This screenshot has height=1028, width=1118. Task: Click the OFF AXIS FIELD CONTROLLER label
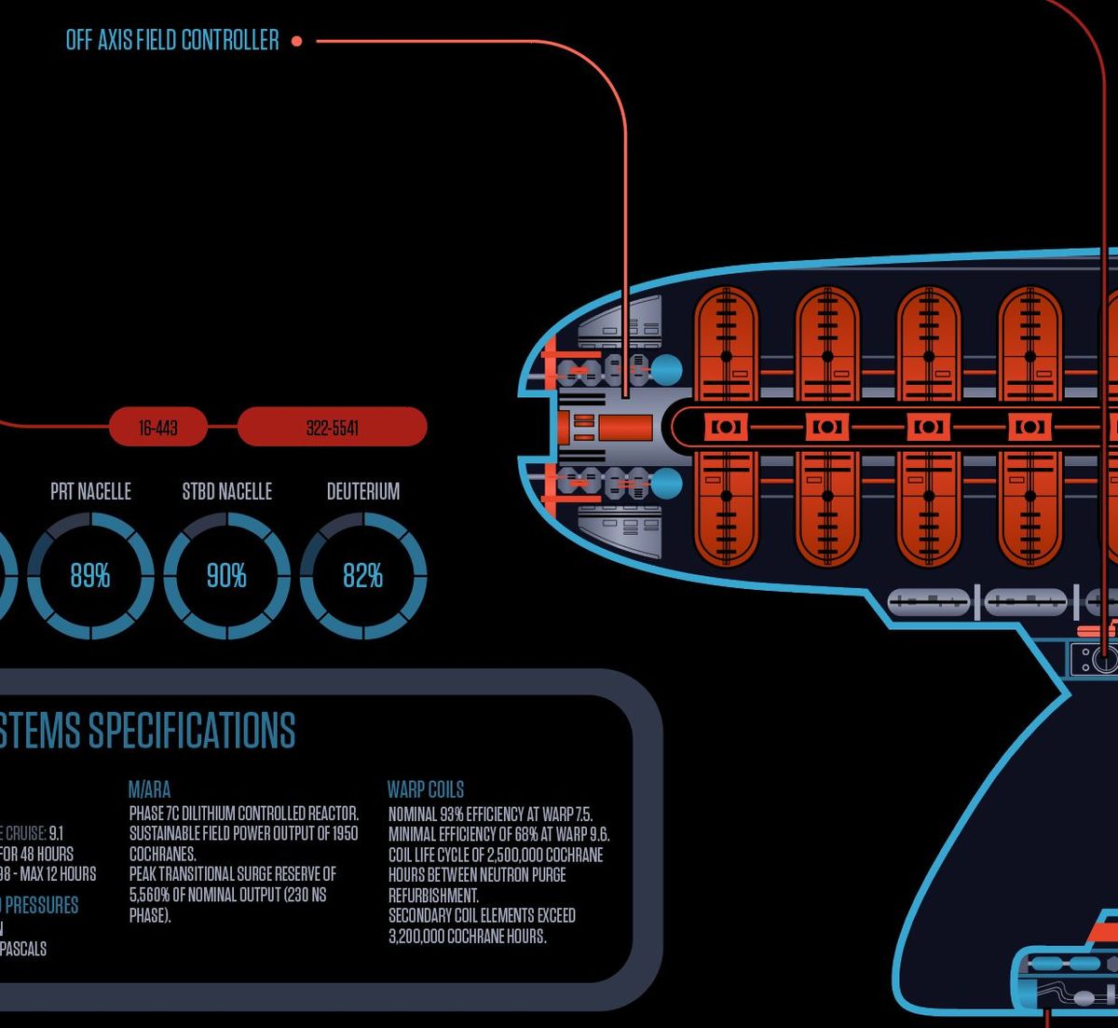(x=172, y=40)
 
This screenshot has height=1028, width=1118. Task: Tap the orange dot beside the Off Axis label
(x=296, y=41)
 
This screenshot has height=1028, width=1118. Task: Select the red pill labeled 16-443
(x=158, y=428)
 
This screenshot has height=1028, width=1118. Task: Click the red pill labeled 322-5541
(x=332, y=428)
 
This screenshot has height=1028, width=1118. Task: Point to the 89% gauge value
(x=90, y=576)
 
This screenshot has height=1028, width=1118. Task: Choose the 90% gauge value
(x=226, y=576)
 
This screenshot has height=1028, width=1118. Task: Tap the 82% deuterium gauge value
(x=362, y=576)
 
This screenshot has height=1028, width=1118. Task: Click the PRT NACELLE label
(x=90, y=491)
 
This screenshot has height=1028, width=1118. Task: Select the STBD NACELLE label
(x=226, y=491)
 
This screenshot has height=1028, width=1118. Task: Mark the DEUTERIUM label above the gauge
(x=362, y=491)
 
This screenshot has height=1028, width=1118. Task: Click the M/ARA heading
(x=149, y=789)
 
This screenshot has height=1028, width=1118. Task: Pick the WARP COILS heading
(x=426, y=789)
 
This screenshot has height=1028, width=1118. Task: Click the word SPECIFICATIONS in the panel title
(x=192, y=730)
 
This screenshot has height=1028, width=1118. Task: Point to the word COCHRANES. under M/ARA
(x=163, y=854)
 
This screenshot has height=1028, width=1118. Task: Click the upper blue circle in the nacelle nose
(x=665, y=370)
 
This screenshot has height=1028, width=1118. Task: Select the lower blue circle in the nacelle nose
(x=665, y=484)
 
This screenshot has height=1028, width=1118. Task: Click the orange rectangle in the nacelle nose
(x=624, y=428)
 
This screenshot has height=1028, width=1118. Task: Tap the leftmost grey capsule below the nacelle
(x=928, y=602)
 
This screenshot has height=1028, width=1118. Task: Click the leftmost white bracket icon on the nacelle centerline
(x=726, y=427)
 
